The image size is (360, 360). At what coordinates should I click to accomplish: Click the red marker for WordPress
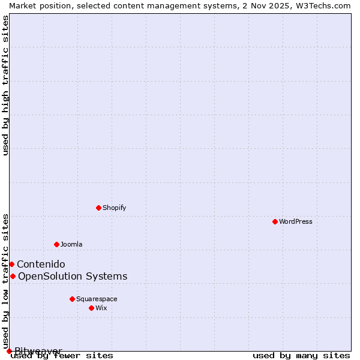click(275, 221)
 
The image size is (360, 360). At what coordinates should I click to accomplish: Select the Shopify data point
click(98, 208)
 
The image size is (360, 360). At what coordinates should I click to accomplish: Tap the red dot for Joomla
click(56, 244)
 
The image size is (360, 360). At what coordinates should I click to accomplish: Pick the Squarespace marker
click(72, 299)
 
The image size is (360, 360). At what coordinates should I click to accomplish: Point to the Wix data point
click(91, 308)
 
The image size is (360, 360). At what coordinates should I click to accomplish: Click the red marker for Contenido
click(11, 264)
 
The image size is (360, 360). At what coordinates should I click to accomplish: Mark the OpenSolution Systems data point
click(13, 276)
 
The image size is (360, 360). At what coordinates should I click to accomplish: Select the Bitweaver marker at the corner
click(9, 351)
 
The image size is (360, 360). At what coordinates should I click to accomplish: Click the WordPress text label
click(296, 221)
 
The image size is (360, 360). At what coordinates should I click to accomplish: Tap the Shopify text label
click(114, 208)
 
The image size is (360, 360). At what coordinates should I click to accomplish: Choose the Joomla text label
click(71, 244)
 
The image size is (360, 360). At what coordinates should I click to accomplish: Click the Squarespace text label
click(97, 299)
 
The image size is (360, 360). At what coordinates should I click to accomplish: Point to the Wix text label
click(101, 308)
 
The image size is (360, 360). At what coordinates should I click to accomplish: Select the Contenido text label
click(41, 264)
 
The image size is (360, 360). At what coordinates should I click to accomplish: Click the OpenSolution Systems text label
click(73, 276)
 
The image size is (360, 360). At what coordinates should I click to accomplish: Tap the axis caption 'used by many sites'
click(301, 356)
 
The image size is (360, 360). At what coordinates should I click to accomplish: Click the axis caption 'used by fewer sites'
click(62, 356)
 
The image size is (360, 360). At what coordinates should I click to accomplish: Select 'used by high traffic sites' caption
click(6, 85)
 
